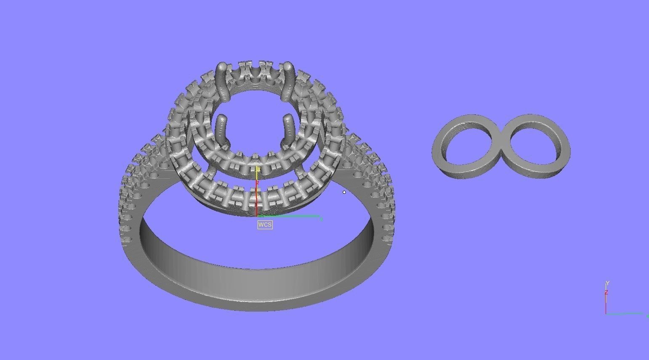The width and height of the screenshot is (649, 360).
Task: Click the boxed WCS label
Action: pyautogui.click(x=265, y=225)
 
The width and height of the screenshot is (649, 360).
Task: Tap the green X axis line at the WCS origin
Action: pyautogui.click(x=290, y=217)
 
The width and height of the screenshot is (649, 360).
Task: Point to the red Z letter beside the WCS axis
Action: pyautogui.click(x=258, y=183)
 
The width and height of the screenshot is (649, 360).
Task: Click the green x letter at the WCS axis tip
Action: pyautogui.click(x=321, y=219)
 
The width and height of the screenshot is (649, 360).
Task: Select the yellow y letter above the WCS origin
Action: pyautogui.click(x=258, y=169)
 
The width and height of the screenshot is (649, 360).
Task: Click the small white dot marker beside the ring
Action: pyautogui.click(x=344, y=192)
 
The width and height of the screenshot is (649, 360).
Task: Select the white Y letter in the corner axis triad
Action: pyautogui.click(x=607, y=283)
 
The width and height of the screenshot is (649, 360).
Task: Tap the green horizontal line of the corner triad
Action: pyautogui.click(x=625, y=314)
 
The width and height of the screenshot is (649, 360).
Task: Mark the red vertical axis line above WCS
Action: pyautogui.click(x=256, y=198)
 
